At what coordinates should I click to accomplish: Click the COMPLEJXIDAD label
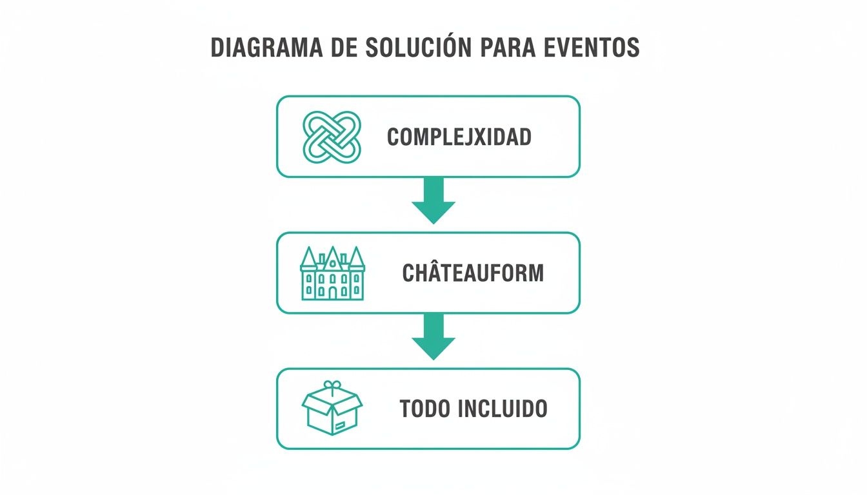tap(459, 137)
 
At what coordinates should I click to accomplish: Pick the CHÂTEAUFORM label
tap(473, 273)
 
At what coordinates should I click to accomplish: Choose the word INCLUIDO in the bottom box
tap(504, 409)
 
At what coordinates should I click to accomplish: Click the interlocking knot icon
tap(332, 136)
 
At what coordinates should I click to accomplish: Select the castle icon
tap(332, 273)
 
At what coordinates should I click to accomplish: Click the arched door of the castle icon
tap(332, 293)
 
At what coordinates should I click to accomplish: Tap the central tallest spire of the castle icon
tap(333, 255)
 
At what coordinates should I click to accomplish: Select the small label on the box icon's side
tap(340, 425)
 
